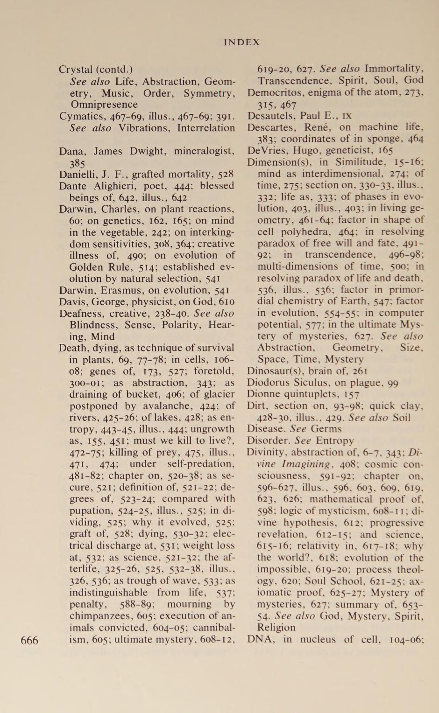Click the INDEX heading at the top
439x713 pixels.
[241, 42]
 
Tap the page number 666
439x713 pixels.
[29, 640]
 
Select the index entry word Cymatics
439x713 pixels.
[77, 116]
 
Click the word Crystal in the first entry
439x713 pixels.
[76, 70]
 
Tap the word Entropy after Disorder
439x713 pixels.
[334, 440]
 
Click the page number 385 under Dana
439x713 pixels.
[77, 163]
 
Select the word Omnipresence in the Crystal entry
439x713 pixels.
[104, 105]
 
